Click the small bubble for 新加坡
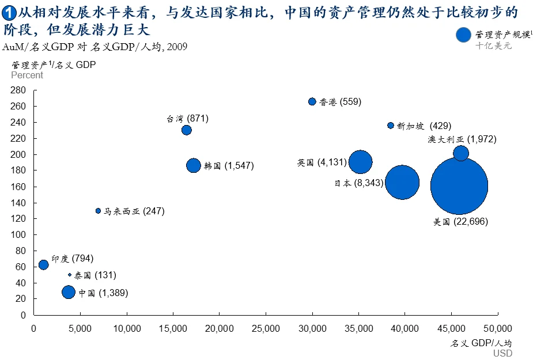pyautogui.click(x=391, y=126)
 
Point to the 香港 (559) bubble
pyautogui.click(x=312, y=101)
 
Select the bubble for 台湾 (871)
pyautogui.click(x=186, y=130)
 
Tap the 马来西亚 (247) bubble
pyautogui.click(x=98, y=211)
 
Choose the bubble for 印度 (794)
pyautogui.click(x=43, y=265)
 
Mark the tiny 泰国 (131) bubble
pyautogui.click(x=70, y=275)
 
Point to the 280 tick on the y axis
pyautogui.click(x=18, y=90)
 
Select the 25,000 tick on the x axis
pyautogui.click(x=265, y=328)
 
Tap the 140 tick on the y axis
pyautogui.click(x=18, y=203)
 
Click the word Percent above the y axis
pyautogui.click(x=27, y=75)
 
